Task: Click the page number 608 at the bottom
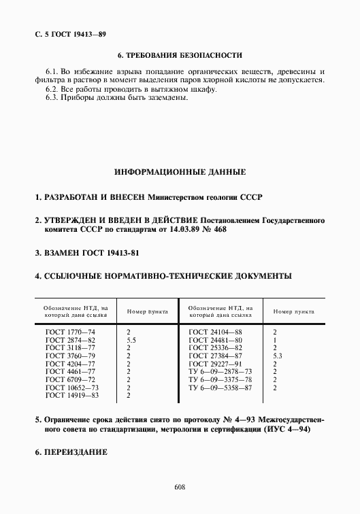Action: [180, 487]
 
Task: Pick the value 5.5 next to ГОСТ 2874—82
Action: [131, 340]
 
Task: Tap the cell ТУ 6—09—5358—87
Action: [220, 387]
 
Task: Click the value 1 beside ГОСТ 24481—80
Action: [274, 340]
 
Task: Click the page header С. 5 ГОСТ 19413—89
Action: [69, 33]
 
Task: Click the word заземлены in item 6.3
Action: [163, 97]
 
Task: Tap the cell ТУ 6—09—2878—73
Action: [220, 371]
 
